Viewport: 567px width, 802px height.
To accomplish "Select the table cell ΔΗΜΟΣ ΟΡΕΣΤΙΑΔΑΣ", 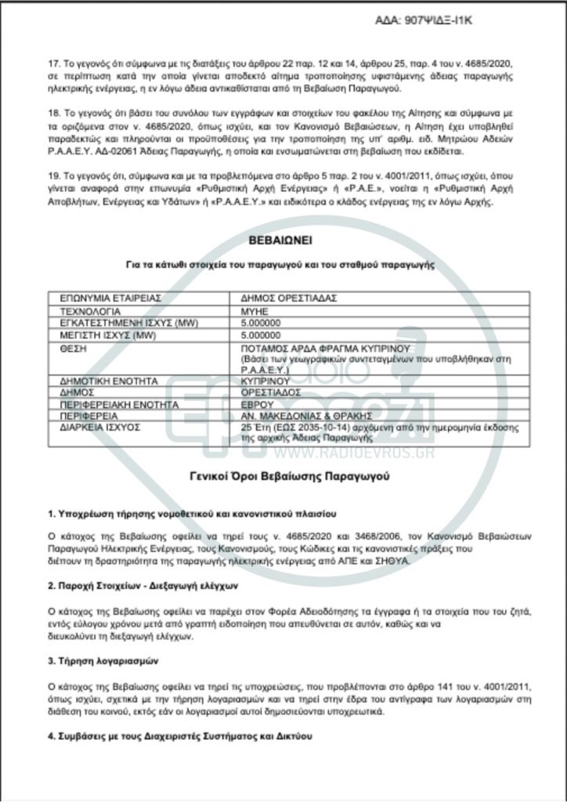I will coord(278,299).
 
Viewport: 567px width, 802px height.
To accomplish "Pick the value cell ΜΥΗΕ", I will coord(255,311).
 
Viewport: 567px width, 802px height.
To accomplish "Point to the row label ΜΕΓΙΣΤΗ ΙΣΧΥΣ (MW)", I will coord(102,334).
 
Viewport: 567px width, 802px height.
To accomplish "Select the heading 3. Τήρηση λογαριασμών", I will coord(102,661).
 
